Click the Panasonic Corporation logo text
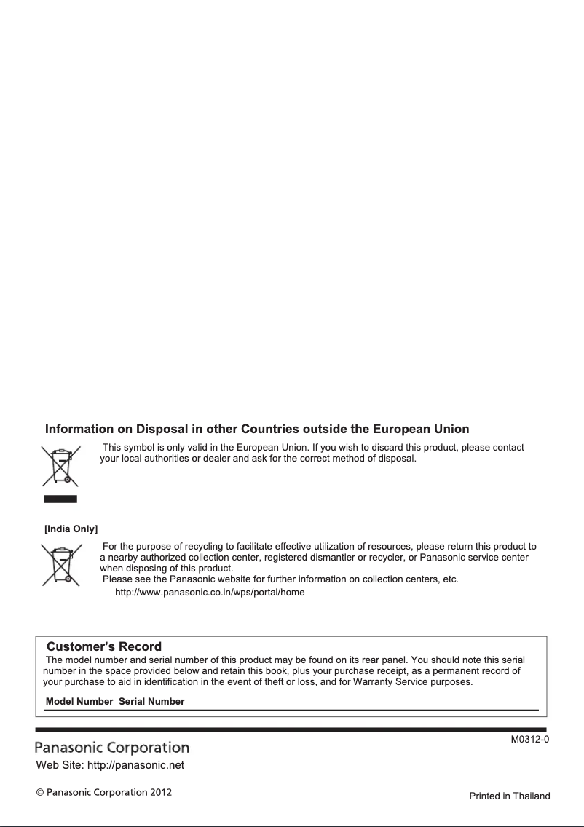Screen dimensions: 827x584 pyautogui.click(x=112, y=748)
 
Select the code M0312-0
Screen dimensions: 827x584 pyautogui.click(x=529, y=740)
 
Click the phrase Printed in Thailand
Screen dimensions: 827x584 pyautogui.click(x=509, y=796)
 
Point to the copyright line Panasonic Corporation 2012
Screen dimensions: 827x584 pyautogui.click(x=104, y=791)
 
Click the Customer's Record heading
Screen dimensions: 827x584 pyautogui.click(x=104, y=646)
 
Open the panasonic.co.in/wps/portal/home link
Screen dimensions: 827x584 pyautogui.click(x=210, y=592)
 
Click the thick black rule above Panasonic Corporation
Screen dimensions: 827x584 pyautogui.click(x=291, y=729)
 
